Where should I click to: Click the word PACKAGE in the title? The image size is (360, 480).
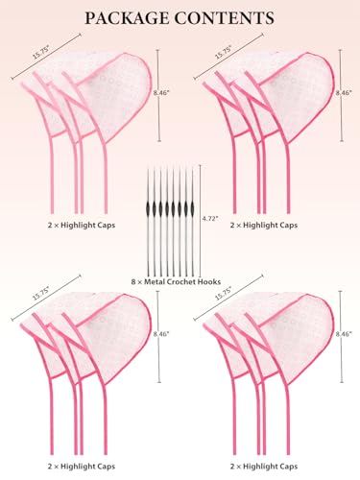(x=128, y=18)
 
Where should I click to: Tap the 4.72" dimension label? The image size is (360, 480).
(x=210, y=219)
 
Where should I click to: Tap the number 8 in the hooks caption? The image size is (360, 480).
(x=133, y=282)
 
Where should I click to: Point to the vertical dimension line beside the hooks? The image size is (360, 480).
(x=201, y=221)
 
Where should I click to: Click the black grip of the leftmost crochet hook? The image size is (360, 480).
(x=148, y=208)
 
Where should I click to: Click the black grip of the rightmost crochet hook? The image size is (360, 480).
(x=193, y=208)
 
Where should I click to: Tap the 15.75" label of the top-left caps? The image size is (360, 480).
(x=41, y=52)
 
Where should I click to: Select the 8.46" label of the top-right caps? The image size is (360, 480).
(x=344, y=92)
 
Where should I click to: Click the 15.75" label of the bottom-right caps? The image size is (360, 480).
(x=224, y=294)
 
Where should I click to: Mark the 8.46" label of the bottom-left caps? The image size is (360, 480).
(x=161, y=334)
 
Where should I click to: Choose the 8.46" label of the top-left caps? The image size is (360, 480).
(x=161, y=92)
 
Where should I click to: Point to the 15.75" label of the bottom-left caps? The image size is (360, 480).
(x=41, y=294)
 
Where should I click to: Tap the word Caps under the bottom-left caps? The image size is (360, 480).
(x=106, y=467)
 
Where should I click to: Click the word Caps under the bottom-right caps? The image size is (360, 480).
(x=288, y=467)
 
